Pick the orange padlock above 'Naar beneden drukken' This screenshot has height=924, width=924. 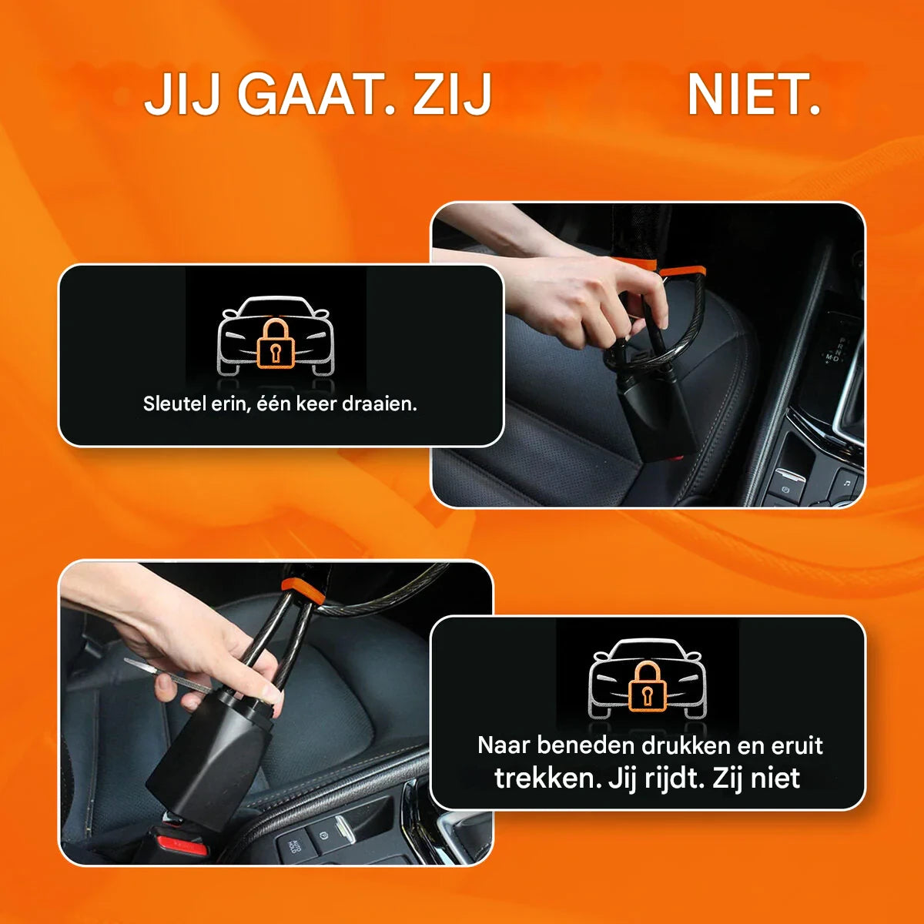point(648,686)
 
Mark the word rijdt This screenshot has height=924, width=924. point(673,778)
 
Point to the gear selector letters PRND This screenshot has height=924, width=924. point(839,348)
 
